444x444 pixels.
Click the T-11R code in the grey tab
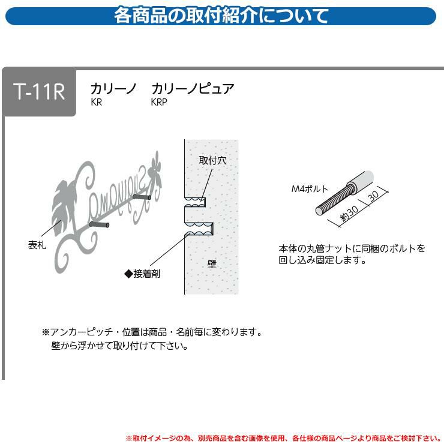[x=39, y=91]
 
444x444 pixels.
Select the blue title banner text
[x=221, y=16]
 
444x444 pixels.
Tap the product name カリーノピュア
[x=193, y=89]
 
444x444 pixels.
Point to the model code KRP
[x=159, y=102]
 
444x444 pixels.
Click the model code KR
[x=96, y=102]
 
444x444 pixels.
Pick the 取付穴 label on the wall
[x=212, y=160]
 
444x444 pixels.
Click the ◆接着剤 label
[x=142, y=274]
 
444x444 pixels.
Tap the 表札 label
[x=37, y=245]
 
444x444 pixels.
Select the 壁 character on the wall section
[x=212, y=264]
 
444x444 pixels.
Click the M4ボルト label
[x=310, y=189]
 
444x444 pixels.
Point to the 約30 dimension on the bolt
[x=349, y=212]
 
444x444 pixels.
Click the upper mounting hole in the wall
[x=195, y=202]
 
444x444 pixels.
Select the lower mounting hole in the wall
[x=199, y=229]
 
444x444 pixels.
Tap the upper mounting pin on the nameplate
[x=142, y=197]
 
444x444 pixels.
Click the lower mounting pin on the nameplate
[x=99, y=225]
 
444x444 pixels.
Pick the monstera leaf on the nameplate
[x=64, y=208]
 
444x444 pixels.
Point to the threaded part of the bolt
[x=334, y=199]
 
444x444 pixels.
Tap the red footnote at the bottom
[x=283, y=439]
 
